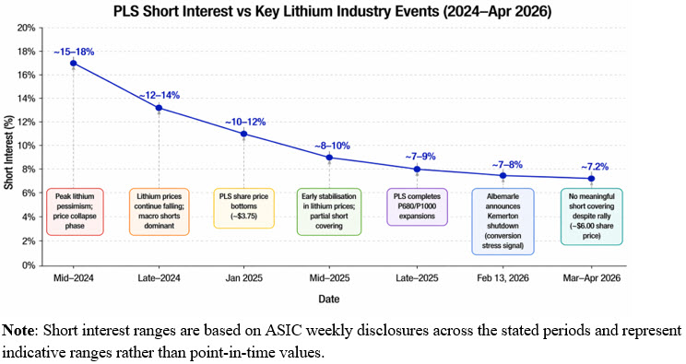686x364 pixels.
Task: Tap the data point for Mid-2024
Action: pos(74,64)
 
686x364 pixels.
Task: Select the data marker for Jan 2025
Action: pos(244,134)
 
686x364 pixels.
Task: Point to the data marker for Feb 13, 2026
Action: pos(503,175)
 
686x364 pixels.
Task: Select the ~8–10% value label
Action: pos(330,144)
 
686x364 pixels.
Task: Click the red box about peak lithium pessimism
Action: pos(74,208)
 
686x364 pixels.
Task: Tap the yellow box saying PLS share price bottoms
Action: pos(244,208)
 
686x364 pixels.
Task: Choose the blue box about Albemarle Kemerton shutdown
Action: pos(503,215)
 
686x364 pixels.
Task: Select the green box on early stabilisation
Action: pos(330,208)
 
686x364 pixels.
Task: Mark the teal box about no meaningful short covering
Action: pos(591,215)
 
